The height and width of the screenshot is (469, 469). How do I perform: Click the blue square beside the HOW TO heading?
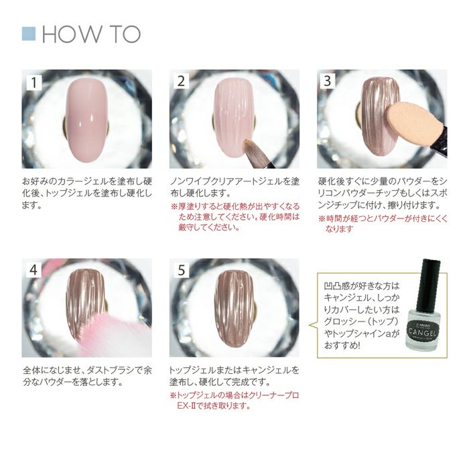tap(29, 33)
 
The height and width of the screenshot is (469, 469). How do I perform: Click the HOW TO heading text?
tap(91, 34)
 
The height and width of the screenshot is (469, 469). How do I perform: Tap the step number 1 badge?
tap(33, 82)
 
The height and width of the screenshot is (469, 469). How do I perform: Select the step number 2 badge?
tap(181, 81)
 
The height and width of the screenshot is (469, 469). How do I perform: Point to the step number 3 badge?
tap(328, 81)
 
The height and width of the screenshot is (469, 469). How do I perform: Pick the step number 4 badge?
tap(33, 270)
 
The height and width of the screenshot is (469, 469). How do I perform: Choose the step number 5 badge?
tap(182, 271)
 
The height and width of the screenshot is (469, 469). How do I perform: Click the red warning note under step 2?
tap(235, 217)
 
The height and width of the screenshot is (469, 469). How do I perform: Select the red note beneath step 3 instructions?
tap(383, 224)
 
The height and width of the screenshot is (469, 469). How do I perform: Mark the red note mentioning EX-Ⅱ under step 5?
tap(234, 401)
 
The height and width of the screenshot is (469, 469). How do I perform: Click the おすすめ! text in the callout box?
tap(342, 346)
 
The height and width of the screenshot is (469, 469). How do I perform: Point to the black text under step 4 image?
tap(87, 377)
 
